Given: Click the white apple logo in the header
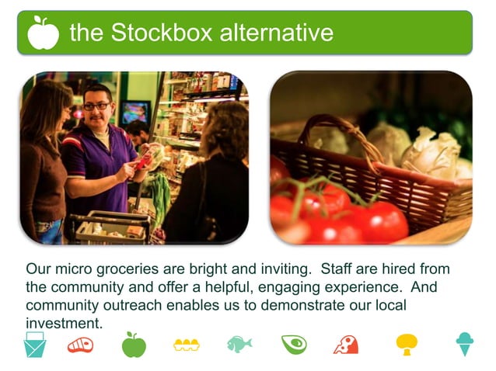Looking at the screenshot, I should [43, 33].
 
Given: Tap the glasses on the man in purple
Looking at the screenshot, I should [97, 106].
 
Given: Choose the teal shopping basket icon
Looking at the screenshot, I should [35, 344].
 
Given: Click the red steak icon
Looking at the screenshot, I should [80, 345].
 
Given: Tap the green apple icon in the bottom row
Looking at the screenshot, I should [134, 344].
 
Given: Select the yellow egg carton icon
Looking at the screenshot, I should [187, 345].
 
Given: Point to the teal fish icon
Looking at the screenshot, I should [239, 344].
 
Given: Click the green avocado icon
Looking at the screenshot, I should [294, 344].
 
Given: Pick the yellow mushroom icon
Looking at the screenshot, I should [407, 344].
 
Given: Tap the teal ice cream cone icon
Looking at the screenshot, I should [465, 344].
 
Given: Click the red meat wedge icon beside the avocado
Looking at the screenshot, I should [346, 345].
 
